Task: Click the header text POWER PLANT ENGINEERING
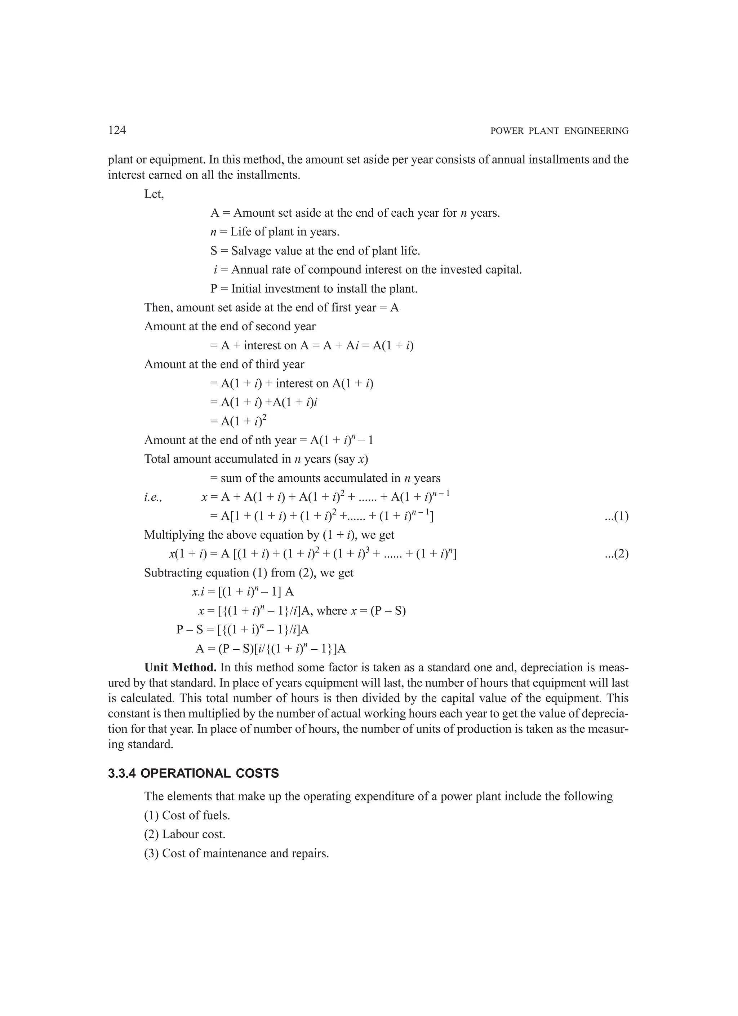pyautogui.click(x=559, y=131)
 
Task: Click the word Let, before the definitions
pyautogui.click(x=154, y=194)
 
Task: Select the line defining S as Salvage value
pyautogui.click(x=315, y=251)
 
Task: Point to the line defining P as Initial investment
pyautogui.click(x=314, y=289)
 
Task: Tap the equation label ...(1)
pyautogui.click(x=616, y=517)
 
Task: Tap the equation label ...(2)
pyautogui.click(x=616, y=554)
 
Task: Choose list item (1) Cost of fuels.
pyautogui.click(x=187, y=815)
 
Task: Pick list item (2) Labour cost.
pyautogui.click(x=184, y=834)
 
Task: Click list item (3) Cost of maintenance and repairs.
pyautogui.click(x=236, y=853)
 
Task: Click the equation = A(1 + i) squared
pyautogui.click(x=238, y=421)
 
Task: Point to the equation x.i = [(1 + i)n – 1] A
pyautogui.click(x=242, y=592)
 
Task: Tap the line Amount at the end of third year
pyautogui.click(x=224, y=364)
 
